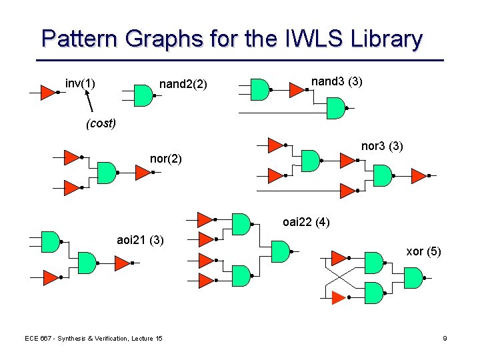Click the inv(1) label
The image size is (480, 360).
tap(80, 83)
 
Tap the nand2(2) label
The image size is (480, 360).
tap(183, 85)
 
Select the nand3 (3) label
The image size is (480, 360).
tap(337, 81)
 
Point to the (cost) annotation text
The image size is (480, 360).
tap(100, 123)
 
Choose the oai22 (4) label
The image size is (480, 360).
tap(306, 222)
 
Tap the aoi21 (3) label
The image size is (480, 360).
tap(140, 240)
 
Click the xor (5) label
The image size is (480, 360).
tap(424, 251)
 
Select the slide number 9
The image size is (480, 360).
tap(445, 339)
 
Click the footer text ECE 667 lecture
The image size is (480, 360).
tap(93, 339)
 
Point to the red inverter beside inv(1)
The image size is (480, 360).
tap(48, 92)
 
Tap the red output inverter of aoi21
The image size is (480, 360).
tap(123, 263)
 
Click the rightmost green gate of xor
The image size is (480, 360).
tap(413, 277)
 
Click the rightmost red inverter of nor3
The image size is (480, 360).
tap(419, 176)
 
